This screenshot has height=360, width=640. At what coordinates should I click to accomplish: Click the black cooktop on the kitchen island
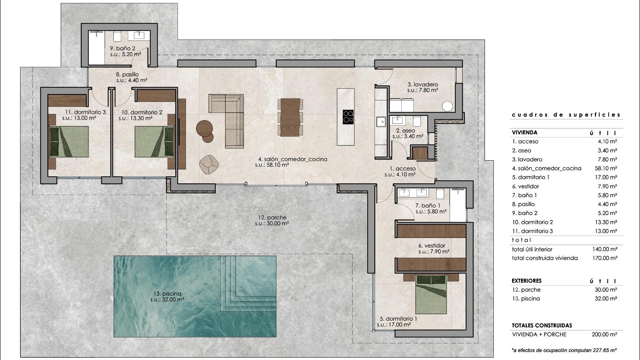pos(348,117)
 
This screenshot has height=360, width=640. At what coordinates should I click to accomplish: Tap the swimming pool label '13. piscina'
pos(167,294)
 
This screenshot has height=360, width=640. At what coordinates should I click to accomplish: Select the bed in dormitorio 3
pos(69,142)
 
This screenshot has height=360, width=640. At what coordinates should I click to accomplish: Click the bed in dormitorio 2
pos(154,142)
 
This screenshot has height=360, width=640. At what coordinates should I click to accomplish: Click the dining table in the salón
pos(290,117)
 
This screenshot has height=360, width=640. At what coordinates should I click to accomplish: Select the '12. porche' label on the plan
pos(272,218)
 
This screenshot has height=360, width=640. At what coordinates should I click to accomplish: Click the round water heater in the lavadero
pos(447,106)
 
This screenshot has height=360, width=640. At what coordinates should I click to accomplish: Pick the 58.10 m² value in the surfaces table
pos(606,168)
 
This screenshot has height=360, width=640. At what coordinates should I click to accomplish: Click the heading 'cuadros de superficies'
pos(566,115)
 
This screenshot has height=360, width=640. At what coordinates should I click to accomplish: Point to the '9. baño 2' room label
pos(123,48)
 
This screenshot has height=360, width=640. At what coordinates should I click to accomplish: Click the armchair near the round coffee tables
pos(209,164)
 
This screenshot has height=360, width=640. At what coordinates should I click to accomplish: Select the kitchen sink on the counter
pos(380,122)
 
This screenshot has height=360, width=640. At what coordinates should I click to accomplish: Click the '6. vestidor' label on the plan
pos(432,246)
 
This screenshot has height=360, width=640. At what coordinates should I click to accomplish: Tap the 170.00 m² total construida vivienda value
pos(605,258)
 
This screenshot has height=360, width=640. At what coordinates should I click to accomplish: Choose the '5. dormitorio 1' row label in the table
pos(531,177)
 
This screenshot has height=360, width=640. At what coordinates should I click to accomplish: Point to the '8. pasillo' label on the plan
pos(127,74)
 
